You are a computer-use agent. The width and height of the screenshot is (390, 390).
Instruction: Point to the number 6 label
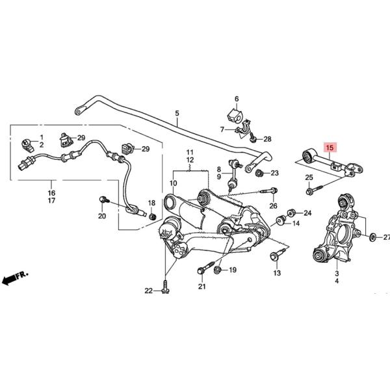pos(237,99)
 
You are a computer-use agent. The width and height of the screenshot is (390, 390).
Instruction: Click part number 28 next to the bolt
pos(267,138)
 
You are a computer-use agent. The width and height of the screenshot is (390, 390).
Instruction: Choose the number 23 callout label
pos(274,173)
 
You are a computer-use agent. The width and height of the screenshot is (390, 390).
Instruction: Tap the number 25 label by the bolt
pos(309,177)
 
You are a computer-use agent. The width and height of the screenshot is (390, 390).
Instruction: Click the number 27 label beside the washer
pos(385,237)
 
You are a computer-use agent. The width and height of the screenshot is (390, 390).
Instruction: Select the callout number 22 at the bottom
pos(148,291)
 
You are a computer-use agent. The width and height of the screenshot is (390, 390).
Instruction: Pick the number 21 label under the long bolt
pos(201,287)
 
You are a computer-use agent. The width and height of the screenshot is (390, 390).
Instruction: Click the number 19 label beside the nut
pos(232,270)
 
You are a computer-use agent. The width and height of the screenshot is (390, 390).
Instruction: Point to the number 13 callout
pos(277,274)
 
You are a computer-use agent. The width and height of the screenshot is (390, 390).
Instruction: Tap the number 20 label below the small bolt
pos(101,216)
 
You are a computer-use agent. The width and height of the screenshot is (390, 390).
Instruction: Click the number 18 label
pos(151,203)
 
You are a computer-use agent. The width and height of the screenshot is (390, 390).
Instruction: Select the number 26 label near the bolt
pos(273,206)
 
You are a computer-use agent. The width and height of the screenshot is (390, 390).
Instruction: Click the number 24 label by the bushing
pos(307,213)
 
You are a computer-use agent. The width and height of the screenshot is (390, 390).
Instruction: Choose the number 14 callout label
pos(296,224)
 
